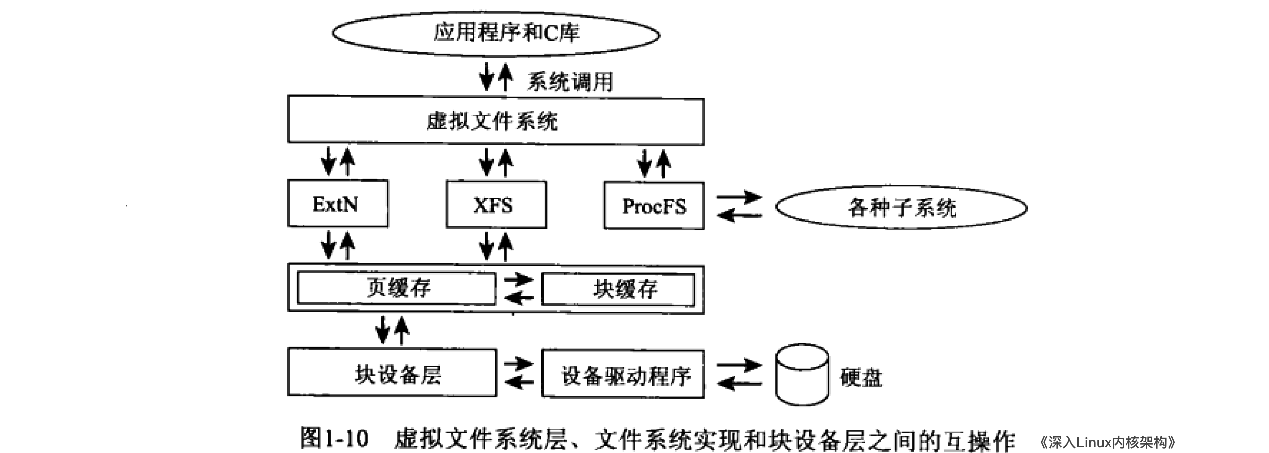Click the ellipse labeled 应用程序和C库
496,34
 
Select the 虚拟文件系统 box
495,121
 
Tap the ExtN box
337,204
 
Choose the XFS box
495,205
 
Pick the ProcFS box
653,206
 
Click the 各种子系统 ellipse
901,208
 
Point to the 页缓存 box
396,288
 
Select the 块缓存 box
618,289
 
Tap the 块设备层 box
392,373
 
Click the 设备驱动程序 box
623,375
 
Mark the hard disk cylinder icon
801,374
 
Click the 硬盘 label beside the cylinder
861,378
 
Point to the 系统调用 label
570,82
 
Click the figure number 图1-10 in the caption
334,439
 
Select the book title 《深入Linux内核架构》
1107,442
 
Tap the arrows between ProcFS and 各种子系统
739,206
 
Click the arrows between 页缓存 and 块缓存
518,289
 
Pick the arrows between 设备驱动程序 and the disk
739,374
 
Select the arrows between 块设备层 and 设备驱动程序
518,373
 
